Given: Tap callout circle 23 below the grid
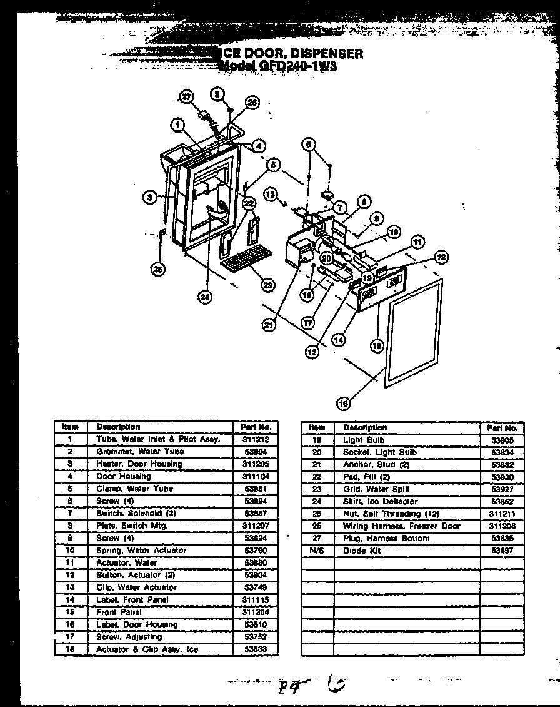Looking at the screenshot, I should click(267, 285).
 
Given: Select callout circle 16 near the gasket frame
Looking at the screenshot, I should click(343, 404).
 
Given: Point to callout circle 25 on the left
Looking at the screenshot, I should click(158, 270).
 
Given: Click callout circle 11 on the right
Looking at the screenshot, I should click(417, 242).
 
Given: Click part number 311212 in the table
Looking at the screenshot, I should click(255, 440).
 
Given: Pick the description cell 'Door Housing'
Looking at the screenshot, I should click(123, 477).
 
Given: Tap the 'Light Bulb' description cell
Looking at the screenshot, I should click(363, 440).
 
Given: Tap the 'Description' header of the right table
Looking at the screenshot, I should click(364, 428).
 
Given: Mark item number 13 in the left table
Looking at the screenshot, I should click(71, 587).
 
